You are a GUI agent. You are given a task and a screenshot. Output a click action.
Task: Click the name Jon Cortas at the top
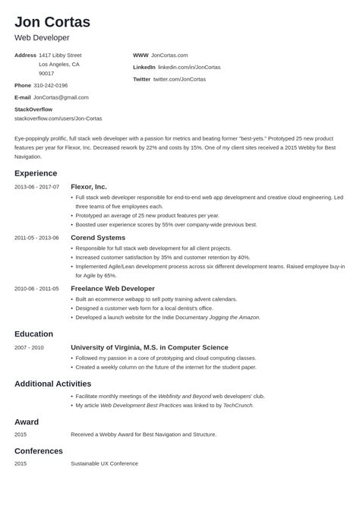pyautogui.click(x=52, y=21)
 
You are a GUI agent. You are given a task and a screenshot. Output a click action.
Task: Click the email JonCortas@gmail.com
pyautogui.click(x=62, y=97)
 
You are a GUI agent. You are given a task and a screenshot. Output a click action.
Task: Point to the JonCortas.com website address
pyautogui.click(x=169, y=55)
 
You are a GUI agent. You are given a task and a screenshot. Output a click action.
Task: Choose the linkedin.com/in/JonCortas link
pyautogui.click(x=189, y=67)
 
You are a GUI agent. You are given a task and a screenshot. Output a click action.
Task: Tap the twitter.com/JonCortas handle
pyautogui.click(x=179, y=79)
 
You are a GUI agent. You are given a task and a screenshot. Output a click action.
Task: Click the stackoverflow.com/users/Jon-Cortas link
pyautogui.click(x=58, y=119)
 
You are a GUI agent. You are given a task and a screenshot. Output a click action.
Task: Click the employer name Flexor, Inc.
pyautogui.click(x=89, y=187)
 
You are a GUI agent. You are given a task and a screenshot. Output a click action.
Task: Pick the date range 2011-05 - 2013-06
pyautogui.click(x=36, y=238)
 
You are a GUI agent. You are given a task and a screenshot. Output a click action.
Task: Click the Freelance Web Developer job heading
pyautogui.click(x=112, y=289)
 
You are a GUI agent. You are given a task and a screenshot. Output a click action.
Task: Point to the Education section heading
pyautogui.click(x=33, y=334)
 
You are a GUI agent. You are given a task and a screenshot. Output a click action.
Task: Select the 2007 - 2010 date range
pyautogui.click(x=29, y=347)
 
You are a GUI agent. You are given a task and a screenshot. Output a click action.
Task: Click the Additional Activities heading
pyautogui.click(x=52, y=384)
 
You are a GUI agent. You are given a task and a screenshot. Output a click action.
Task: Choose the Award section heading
pyautogui.click(x=27, y=422)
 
